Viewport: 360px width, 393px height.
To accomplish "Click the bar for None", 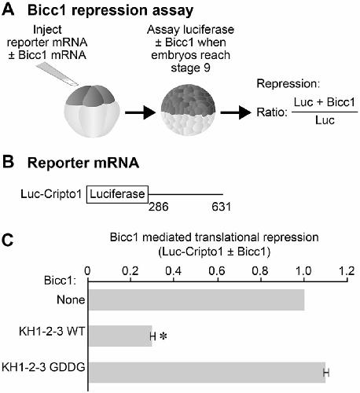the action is coord(197,299).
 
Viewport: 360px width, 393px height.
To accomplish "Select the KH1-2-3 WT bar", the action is coord(120,336).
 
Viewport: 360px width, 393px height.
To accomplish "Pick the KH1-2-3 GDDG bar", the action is coord(207,373).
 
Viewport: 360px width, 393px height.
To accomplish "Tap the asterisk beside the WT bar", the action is coord(163,336).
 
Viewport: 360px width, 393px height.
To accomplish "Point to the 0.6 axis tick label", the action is coord(217,270).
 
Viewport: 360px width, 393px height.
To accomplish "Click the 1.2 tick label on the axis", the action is coord(347,270).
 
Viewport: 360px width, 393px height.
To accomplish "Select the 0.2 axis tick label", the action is coord(130,270).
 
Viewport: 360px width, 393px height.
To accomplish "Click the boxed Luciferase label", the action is coord(117,194).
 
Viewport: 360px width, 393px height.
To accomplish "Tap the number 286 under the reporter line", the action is coord(159,207).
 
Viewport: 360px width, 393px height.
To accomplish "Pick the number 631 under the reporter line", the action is coord(222,207).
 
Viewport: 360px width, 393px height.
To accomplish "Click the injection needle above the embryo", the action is coord(57,74).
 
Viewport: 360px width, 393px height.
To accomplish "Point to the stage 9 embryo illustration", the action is coord(188,110).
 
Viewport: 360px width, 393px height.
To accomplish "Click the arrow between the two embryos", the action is coord(141,113).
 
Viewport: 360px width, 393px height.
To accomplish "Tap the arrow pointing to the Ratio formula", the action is coord(236,113).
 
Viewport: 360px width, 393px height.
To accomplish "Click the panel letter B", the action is coord(8,162).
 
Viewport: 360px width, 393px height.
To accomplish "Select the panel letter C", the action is coord(8,240).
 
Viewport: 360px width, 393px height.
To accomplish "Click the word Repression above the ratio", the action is coord(288,84).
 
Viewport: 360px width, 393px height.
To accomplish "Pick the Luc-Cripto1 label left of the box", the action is coord(51,194).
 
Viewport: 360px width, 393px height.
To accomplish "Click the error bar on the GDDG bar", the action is coord(326,373).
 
